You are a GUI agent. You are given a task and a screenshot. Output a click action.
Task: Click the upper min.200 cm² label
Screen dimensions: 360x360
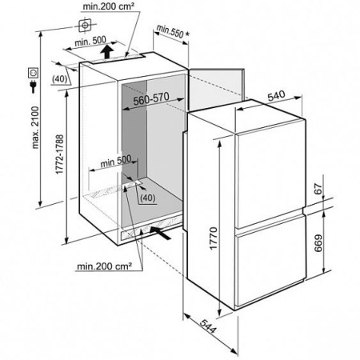pyautogui.click(x=108, y=6)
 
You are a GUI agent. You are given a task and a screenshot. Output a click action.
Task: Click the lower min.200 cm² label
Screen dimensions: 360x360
pyautogui.click(x=104, y=266)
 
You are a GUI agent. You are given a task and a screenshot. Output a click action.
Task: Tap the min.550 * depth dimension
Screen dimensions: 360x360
pyautogui.click(x=173, y=31)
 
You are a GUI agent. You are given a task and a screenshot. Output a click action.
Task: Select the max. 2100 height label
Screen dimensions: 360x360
pyautogui.click(x=35, y=127)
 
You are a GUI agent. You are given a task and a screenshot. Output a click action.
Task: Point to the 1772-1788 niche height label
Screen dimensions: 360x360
pyautogui.click(x=60, y=154)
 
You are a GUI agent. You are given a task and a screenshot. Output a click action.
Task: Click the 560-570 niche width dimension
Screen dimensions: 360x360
pyautogui.click(x=151, y=98)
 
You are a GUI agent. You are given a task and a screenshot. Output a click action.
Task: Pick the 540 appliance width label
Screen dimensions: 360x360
pyautogui.click(x=276, y=96)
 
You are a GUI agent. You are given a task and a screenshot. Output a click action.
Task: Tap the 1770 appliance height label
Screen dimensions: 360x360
pyautogui.click(x=214, y=238)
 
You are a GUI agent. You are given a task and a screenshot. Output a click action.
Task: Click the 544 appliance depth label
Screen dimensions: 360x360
pyautogui.click(x=207, y=326)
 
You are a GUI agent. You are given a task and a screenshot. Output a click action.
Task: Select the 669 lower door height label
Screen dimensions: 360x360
pyautogui.click(x=318, y=243)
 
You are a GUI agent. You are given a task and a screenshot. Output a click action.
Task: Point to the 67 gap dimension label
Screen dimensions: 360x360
pyautogui.click(x=318, y=189)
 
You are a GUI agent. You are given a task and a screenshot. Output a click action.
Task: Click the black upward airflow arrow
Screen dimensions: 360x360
pyautogui.click(x=107, y=51)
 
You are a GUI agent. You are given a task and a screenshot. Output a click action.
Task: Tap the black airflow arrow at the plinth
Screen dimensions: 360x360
pyautogui.click(x=160, y=233)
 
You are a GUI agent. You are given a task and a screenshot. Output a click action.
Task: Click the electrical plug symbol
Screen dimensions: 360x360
pyautogui.click(x=34, y=86)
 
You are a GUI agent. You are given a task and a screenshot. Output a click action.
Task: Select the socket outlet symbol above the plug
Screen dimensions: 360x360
pyautogui.click(x=34, y=73)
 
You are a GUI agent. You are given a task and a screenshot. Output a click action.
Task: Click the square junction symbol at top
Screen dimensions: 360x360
pyautogui.click(x=85, y=26)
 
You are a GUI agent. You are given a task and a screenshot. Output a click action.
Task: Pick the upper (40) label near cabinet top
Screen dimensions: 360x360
pyautogui.click(x=59, y=79)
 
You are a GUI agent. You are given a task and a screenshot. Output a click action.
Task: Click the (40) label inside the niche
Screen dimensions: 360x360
pyautogui.click(x=147, y=198)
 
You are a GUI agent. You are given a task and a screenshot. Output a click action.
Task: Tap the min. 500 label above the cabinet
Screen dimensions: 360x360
pyautogui.click(x=90, y=41)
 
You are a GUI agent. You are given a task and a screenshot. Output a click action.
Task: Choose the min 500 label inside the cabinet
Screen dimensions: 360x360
pyautogui.click(x=116, y=162)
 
